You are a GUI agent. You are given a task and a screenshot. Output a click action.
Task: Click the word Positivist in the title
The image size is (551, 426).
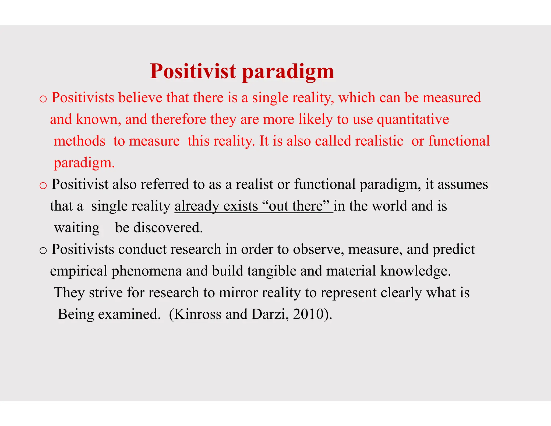193,71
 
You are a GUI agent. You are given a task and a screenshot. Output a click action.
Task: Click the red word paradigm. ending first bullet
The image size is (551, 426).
84,163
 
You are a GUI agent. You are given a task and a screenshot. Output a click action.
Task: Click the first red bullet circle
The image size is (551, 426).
43,99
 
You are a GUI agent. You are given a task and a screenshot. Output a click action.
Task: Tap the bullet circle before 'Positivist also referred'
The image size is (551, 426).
43,186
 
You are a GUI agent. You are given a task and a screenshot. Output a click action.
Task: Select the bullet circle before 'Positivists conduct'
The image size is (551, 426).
43,251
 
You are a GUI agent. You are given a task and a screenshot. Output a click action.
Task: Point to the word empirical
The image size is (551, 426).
79,271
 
